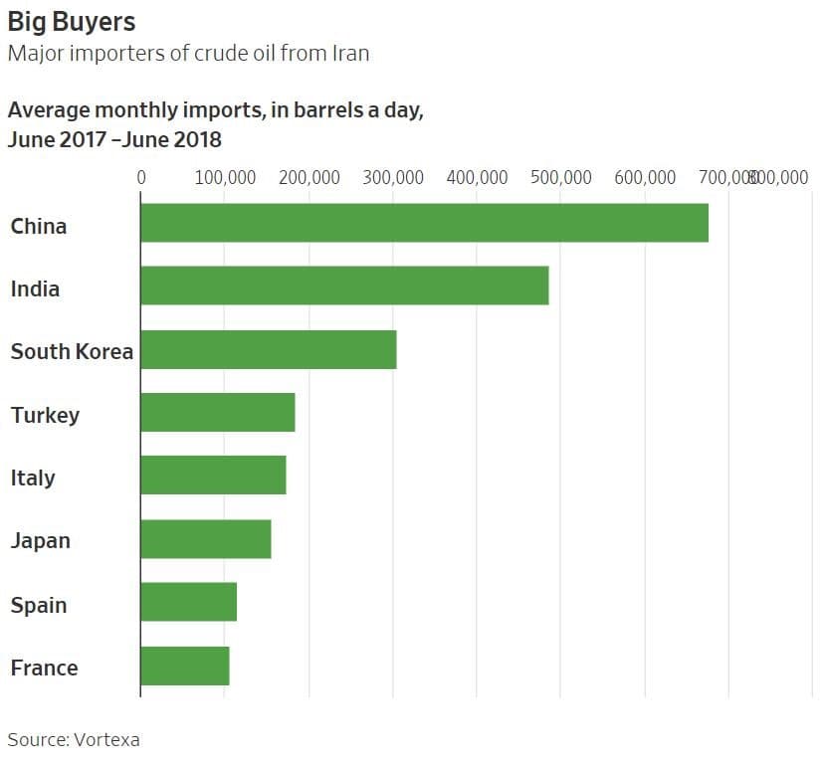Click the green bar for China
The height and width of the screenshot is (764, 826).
coord(424,223)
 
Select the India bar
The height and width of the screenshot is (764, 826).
coord(344,286)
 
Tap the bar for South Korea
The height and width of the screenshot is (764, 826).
coord(269,349)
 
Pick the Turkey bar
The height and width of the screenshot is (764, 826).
coord(218,412)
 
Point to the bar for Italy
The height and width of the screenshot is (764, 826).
coord(213,476)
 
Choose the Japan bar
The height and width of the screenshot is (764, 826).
coord(206,538)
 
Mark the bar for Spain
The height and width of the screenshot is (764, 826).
coord(189,602)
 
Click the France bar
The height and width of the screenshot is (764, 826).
coord(185,666)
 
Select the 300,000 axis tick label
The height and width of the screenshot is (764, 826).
coord(392,177)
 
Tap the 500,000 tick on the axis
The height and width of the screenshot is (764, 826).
coord(560,177)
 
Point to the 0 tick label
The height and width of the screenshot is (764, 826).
coord(141,177)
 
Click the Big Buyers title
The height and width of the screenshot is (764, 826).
coord(72,21)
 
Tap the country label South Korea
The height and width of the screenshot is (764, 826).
coord(72,351)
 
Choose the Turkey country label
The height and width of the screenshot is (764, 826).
coord(45,415)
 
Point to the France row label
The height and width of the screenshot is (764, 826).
coord(44,668)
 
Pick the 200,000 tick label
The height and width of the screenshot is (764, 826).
coord(309,177)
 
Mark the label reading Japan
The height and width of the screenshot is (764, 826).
coord(41,541)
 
